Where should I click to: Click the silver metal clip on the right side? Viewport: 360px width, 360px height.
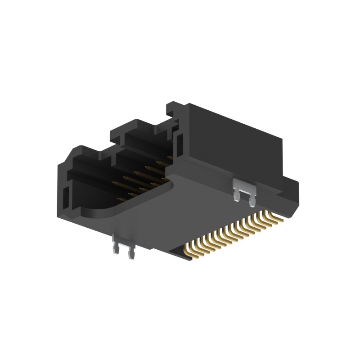pos(243,185)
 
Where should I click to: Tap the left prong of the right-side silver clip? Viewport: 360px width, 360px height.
pos(236,197)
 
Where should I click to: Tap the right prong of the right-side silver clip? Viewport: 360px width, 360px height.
pos(250,202)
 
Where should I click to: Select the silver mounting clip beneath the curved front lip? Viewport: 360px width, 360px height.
pos(123,245)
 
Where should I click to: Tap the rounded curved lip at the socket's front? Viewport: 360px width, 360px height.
pos(99,211)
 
